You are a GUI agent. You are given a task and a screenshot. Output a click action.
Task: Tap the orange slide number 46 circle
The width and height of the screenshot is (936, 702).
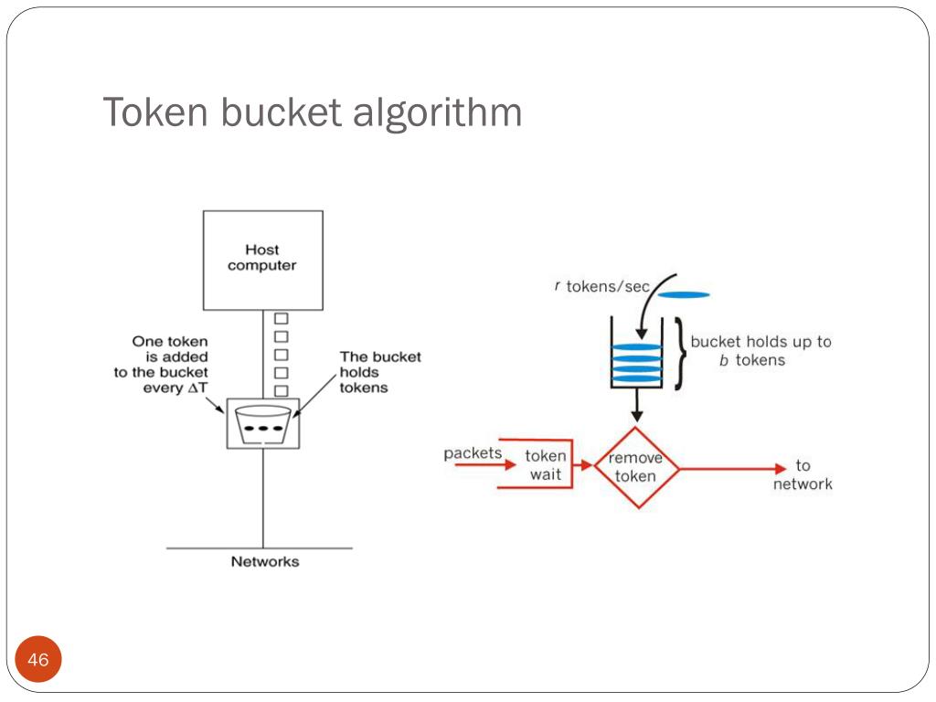tap(38, 659)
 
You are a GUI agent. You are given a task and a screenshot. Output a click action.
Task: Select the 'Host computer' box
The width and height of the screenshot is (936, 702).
tap(262, 260)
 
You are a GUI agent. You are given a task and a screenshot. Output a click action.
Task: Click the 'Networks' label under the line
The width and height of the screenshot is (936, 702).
tap(264, 561)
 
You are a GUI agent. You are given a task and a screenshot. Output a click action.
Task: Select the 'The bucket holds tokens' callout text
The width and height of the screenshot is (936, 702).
tap(380, 372)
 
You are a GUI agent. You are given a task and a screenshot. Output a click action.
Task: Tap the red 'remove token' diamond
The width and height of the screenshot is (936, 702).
tap(636, 467)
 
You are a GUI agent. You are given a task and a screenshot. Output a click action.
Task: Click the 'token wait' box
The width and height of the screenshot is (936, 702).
tap(546, 464)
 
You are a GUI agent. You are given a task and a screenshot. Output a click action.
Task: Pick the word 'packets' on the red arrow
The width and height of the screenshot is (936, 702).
tap(473, 453)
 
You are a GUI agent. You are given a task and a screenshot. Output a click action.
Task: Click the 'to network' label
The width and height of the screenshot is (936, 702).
tap(803, 475)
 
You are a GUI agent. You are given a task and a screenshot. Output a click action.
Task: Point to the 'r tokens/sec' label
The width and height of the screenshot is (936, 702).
tap(601, 286)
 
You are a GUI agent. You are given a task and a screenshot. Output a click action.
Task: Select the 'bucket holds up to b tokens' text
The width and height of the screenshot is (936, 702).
tap(760, 350)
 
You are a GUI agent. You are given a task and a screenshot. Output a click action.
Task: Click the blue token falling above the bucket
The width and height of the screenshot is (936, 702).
tap(684, 294)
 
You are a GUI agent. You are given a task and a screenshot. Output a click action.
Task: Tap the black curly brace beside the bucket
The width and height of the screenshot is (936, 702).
tap(679, 354)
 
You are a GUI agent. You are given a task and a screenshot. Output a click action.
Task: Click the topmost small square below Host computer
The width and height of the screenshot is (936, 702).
tap(282, 319)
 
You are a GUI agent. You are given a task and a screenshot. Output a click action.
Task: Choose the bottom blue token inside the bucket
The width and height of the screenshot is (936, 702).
tap(636, 378)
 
